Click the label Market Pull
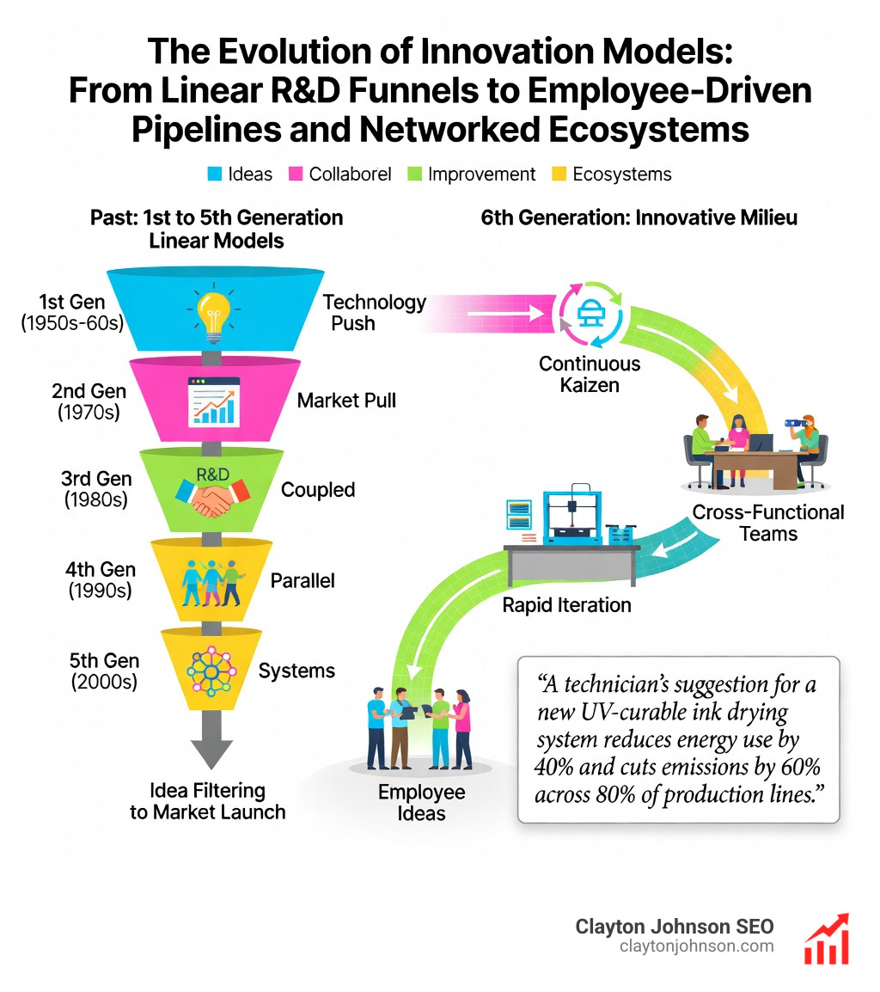[346, 400]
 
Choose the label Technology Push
[374, 313]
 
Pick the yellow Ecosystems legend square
[559, 175]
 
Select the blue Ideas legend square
[217, 175]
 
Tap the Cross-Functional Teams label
[768, 524]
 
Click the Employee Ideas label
[422, 801]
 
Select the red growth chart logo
[826, 939]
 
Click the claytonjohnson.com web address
[696, 946]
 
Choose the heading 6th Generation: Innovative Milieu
[639, 217]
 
